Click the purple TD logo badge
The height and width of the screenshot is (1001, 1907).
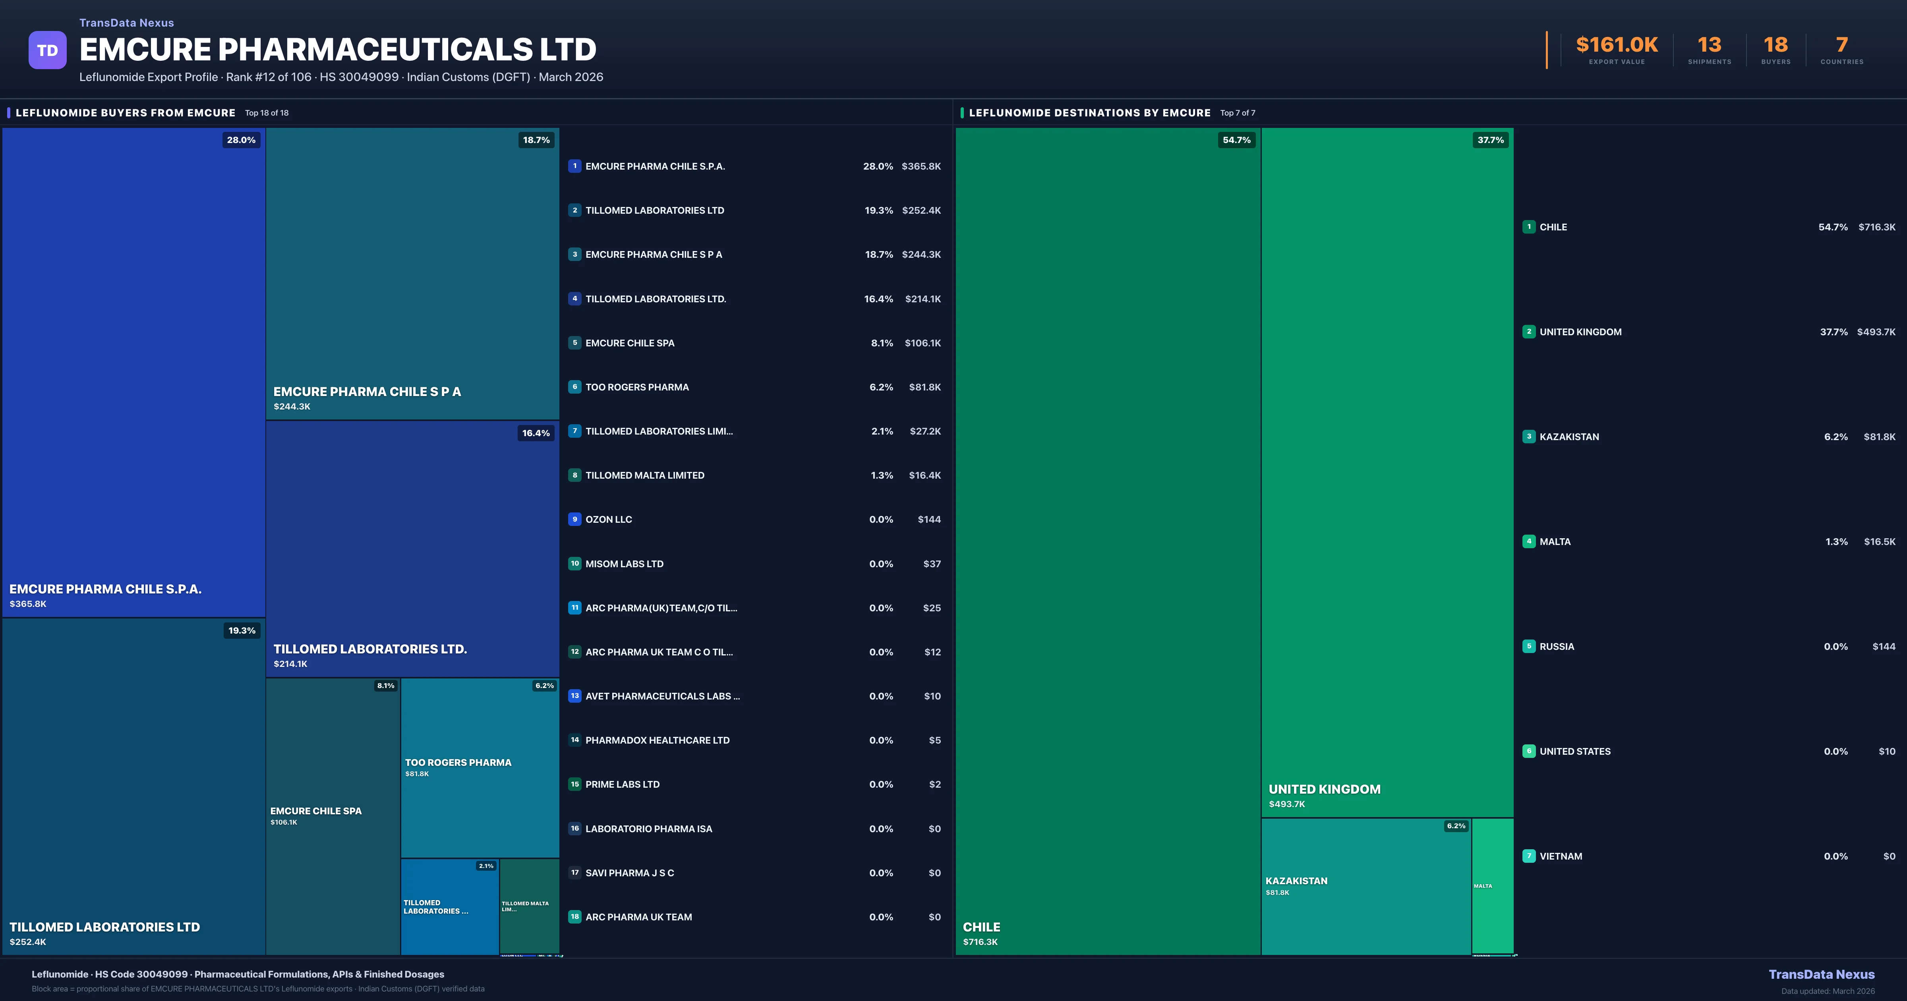click(47, 50)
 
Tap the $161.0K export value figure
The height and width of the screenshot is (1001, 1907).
click(1617, 45)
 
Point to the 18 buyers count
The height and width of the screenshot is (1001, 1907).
click(1775, 45)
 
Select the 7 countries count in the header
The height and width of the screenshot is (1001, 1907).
click(1842, 45)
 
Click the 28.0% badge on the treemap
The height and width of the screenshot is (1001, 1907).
click(241, 140)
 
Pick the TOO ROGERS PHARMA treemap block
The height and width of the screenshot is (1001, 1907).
click(479, 768)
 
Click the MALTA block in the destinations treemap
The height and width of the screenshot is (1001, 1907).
click(1492, 885)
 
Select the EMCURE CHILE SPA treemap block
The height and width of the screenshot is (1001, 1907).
click(333, 816)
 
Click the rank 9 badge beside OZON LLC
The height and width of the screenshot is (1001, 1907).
click(574, 519)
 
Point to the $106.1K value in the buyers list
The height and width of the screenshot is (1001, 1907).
click(923, 343)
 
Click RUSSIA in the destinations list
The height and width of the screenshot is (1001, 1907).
click(1557, 646)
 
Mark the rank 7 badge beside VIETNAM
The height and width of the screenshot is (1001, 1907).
click(1529, 856)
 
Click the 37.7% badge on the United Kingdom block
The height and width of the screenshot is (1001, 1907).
click(1490, 140)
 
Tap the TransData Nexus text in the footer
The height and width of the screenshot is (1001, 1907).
click(1821, 974)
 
